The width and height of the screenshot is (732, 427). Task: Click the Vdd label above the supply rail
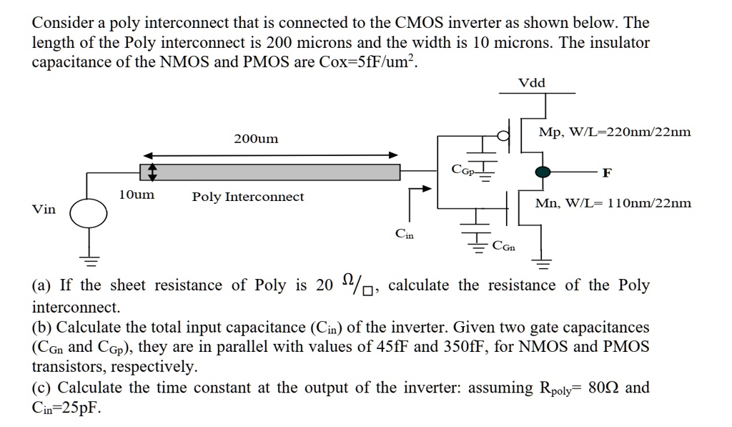pos(531,83)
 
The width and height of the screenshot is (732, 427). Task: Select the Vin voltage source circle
pos(89,211)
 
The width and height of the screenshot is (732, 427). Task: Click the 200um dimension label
pos(256,139)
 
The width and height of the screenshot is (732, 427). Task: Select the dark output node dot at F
pos(543,172)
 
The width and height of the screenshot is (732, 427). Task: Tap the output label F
pos(606,172)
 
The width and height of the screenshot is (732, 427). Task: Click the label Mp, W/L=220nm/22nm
pos(615,132)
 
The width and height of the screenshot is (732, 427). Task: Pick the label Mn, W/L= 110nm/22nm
pos(613,203)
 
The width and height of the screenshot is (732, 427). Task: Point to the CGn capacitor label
pos(503,246)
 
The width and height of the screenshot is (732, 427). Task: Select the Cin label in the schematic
pos(404,234)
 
